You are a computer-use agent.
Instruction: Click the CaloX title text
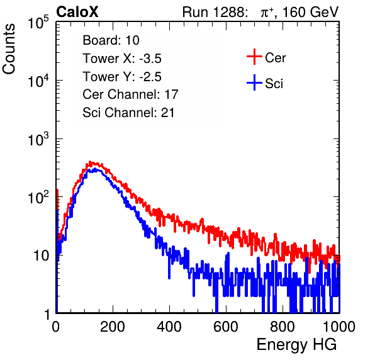77,12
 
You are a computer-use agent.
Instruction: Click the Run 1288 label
213,12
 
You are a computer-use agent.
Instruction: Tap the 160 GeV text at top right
310,12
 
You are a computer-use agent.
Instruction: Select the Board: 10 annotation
111,40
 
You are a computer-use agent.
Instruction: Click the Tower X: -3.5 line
122,59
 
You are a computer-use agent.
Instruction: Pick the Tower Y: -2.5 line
122,77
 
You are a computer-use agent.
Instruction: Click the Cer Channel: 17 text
130,94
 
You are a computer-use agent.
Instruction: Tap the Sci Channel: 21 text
128,113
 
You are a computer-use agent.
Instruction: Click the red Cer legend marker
254,57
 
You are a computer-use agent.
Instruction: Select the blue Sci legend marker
254,83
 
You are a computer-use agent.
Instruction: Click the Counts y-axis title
9,49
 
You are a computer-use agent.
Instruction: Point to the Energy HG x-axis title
296,345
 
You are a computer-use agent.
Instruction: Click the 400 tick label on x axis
169,327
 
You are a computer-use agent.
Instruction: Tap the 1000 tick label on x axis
339,327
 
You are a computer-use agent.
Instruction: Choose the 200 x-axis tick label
113,327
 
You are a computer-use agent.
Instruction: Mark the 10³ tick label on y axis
38,138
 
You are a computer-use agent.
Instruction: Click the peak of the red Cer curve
90,162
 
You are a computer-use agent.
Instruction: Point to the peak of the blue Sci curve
95,169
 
